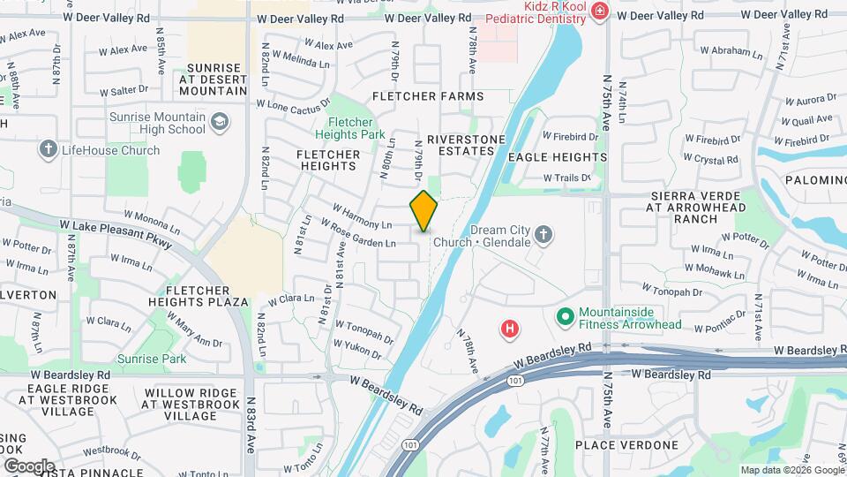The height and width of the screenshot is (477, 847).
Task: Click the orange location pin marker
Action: [x=423, y=210]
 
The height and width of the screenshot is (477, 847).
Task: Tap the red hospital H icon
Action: [x=509, y=329]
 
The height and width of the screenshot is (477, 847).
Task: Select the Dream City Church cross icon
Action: [x=544, y=235]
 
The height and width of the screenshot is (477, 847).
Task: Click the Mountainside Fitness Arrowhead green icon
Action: [x=566, y=315]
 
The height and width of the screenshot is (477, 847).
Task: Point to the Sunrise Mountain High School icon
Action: [x=219, y=121]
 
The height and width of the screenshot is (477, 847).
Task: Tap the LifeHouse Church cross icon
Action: [x=49, y=149]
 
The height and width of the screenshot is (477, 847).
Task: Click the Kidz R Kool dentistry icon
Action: [x=600, y=11]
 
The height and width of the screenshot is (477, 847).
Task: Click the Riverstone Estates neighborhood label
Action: [x=466, y=145]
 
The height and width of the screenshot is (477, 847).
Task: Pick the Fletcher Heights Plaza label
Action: [x=206, y=295]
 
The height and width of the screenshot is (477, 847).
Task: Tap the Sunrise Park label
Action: [x=152, y=359]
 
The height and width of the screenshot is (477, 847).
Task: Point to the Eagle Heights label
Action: [x=558, y=157]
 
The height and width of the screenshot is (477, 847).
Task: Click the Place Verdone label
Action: [x=626, y=444]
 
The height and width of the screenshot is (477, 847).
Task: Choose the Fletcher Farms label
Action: [x=428, y=95]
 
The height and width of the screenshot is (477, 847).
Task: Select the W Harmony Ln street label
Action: [x=362, y=217]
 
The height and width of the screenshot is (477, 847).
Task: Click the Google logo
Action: [x=28, y=466]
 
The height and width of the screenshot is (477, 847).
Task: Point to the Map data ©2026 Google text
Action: [x=791, y=470]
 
